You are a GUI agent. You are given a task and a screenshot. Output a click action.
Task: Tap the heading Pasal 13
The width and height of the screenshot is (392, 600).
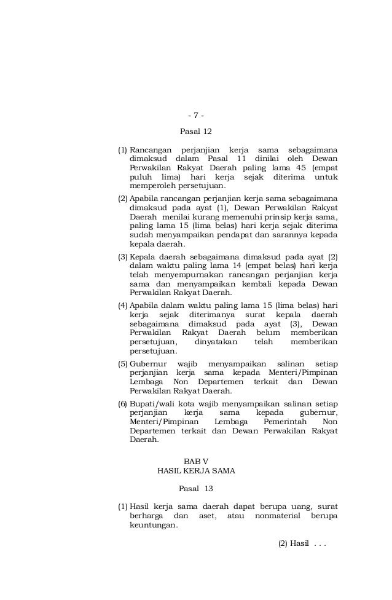[x=195, y=489]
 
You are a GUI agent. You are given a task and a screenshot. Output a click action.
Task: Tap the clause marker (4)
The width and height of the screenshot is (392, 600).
[x=122, y=306]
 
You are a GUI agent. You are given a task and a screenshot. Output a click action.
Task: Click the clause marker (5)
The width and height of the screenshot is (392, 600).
[x=122, y=363]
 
